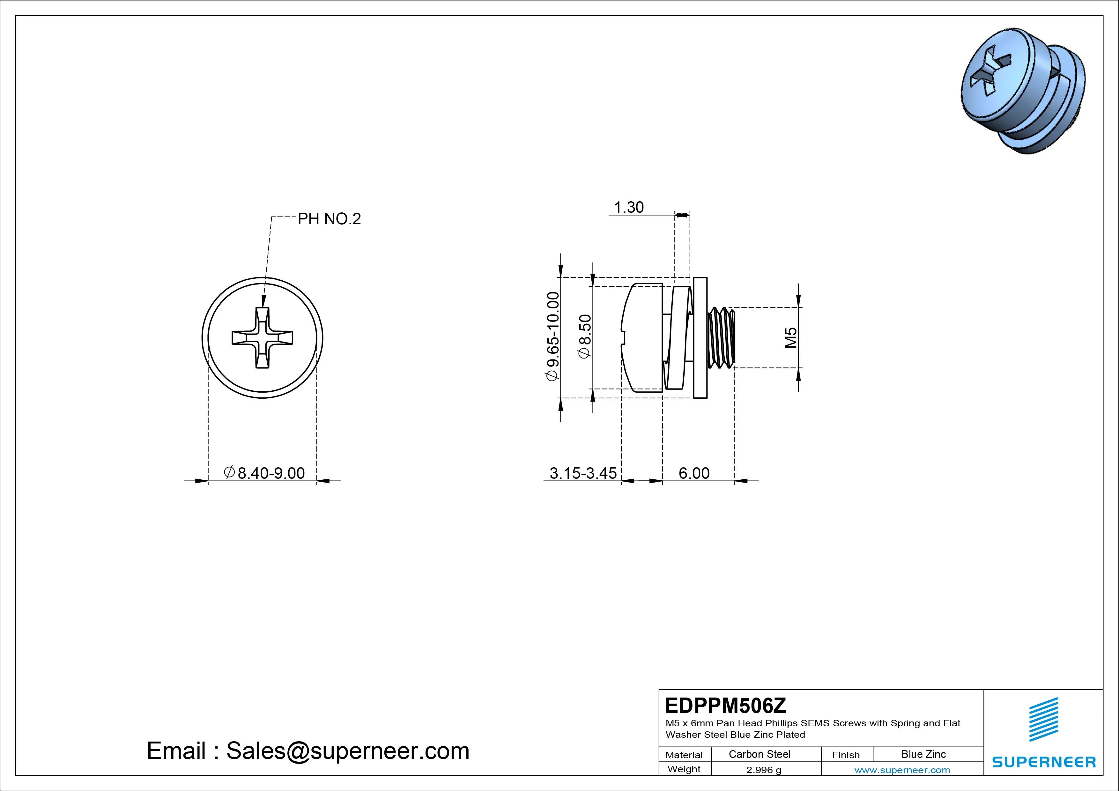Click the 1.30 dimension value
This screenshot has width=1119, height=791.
pos(629,208)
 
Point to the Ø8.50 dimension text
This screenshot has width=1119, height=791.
pos(584,336)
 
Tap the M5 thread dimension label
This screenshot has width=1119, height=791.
pos(790,337)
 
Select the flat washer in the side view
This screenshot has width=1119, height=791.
pos(700,337)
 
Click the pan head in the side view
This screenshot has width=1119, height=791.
pos(642,337)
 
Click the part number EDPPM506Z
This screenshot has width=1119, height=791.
pos(725,705)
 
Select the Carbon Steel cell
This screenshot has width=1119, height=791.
pos(759,754)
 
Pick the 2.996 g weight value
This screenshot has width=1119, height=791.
pos(763,770)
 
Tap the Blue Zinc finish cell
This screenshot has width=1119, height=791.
pos(923,754)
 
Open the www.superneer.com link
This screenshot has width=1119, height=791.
pos(902,770)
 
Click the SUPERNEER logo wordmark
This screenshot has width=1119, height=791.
pos(1044,762)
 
